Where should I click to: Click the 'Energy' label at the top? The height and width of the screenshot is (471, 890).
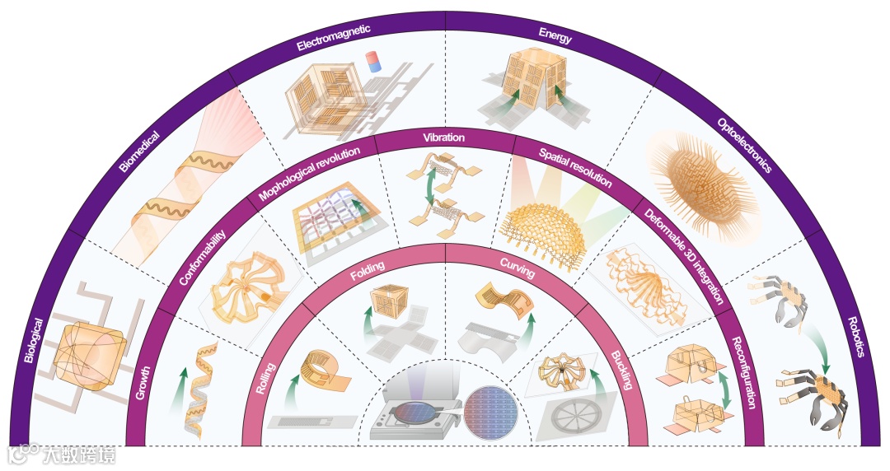(x=555, y=34)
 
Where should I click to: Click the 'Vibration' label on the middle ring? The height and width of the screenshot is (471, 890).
(x=443, y=138)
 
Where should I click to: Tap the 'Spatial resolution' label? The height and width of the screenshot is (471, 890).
(x=575, y=167)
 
